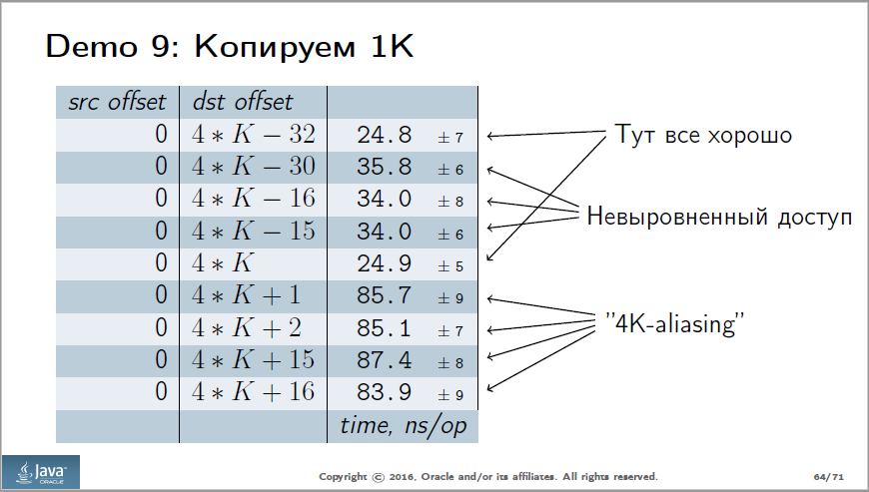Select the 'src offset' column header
click(x=116, y=102)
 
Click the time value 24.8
click(x=385, y=135)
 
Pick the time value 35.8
click(x=385, y=168)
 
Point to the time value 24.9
click(x=385, y=264)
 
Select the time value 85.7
click(x=385, y=296)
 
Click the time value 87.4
click(x=385, y=360)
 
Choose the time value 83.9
click(x=385, y=392)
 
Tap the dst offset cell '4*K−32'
click(x=253, y=135)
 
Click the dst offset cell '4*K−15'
click(x=253, y=232)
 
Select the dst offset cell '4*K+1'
click(x=245, y=296)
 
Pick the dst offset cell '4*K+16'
click(x=253, y=392)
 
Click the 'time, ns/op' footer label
click(x=403, y=425)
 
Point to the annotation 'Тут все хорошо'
click(x=702, y=134)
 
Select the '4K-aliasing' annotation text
click(x=677, y=323)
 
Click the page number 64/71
click(x=825, y=476)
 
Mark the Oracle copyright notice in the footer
click(x=488, y=476)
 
